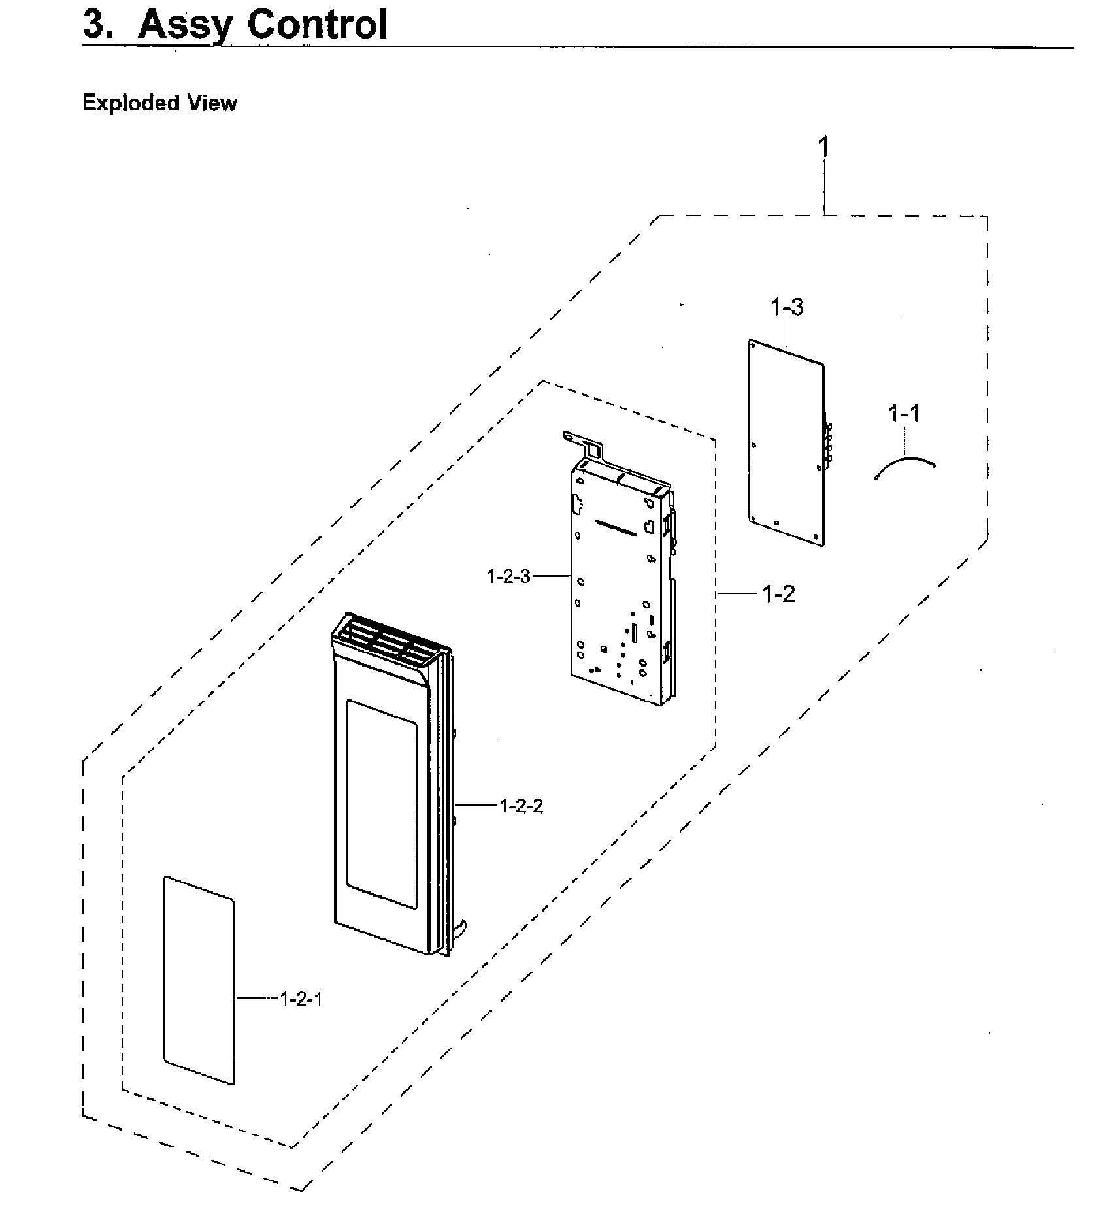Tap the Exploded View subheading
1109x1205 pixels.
click(159, 103)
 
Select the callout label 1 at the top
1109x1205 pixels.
click(824, 147)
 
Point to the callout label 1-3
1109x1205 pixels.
click(787, 307)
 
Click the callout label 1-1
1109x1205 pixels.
click(904, 413)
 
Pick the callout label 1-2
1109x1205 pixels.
click(778, 594)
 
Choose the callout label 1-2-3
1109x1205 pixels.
click(508, 576)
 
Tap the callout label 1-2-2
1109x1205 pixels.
click(521, 806)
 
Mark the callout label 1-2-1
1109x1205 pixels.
click(301, 999)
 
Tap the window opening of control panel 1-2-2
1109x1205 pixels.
click(381, 804)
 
